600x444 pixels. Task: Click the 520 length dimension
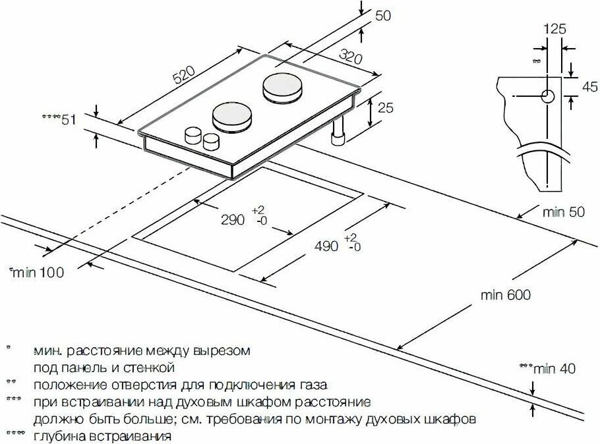tap(184, 75)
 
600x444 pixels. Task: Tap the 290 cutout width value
tap(232, 219)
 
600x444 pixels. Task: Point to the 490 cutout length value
tap(326, 246)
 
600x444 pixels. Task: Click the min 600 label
tap(506, 294)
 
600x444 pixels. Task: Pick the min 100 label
tap(38, 273)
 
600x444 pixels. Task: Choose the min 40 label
tap(555, 368)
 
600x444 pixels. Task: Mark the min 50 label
tap(564, 211)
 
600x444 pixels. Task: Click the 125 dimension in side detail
tap(555, 29)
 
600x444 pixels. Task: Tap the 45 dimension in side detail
tap(589, 87)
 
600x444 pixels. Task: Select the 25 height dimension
tap(385, 108)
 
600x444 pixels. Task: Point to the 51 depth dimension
tap(69, 120)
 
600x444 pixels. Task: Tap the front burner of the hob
tap(233, 116)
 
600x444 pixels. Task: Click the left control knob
tap(193, 135)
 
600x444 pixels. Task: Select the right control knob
tap(211, 142)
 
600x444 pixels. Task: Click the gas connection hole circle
tap(548, 96)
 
